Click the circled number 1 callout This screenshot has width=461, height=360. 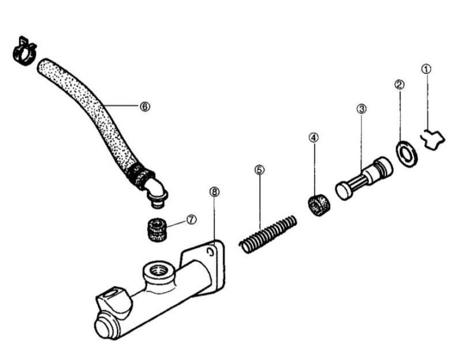pyautogui.click(x=427, y=67)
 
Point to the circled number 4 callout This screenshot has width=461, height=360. pyautogui.click(x=313, y=137)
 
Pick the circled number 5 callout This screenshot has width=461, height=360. pyautogui.click(x=259, y=170)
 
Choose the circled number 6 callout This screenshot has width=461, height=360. pyautogui.click(x=145, y=107)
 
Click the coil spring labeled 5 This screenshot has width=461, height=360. pyautogui.click(x=269, y=233)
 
